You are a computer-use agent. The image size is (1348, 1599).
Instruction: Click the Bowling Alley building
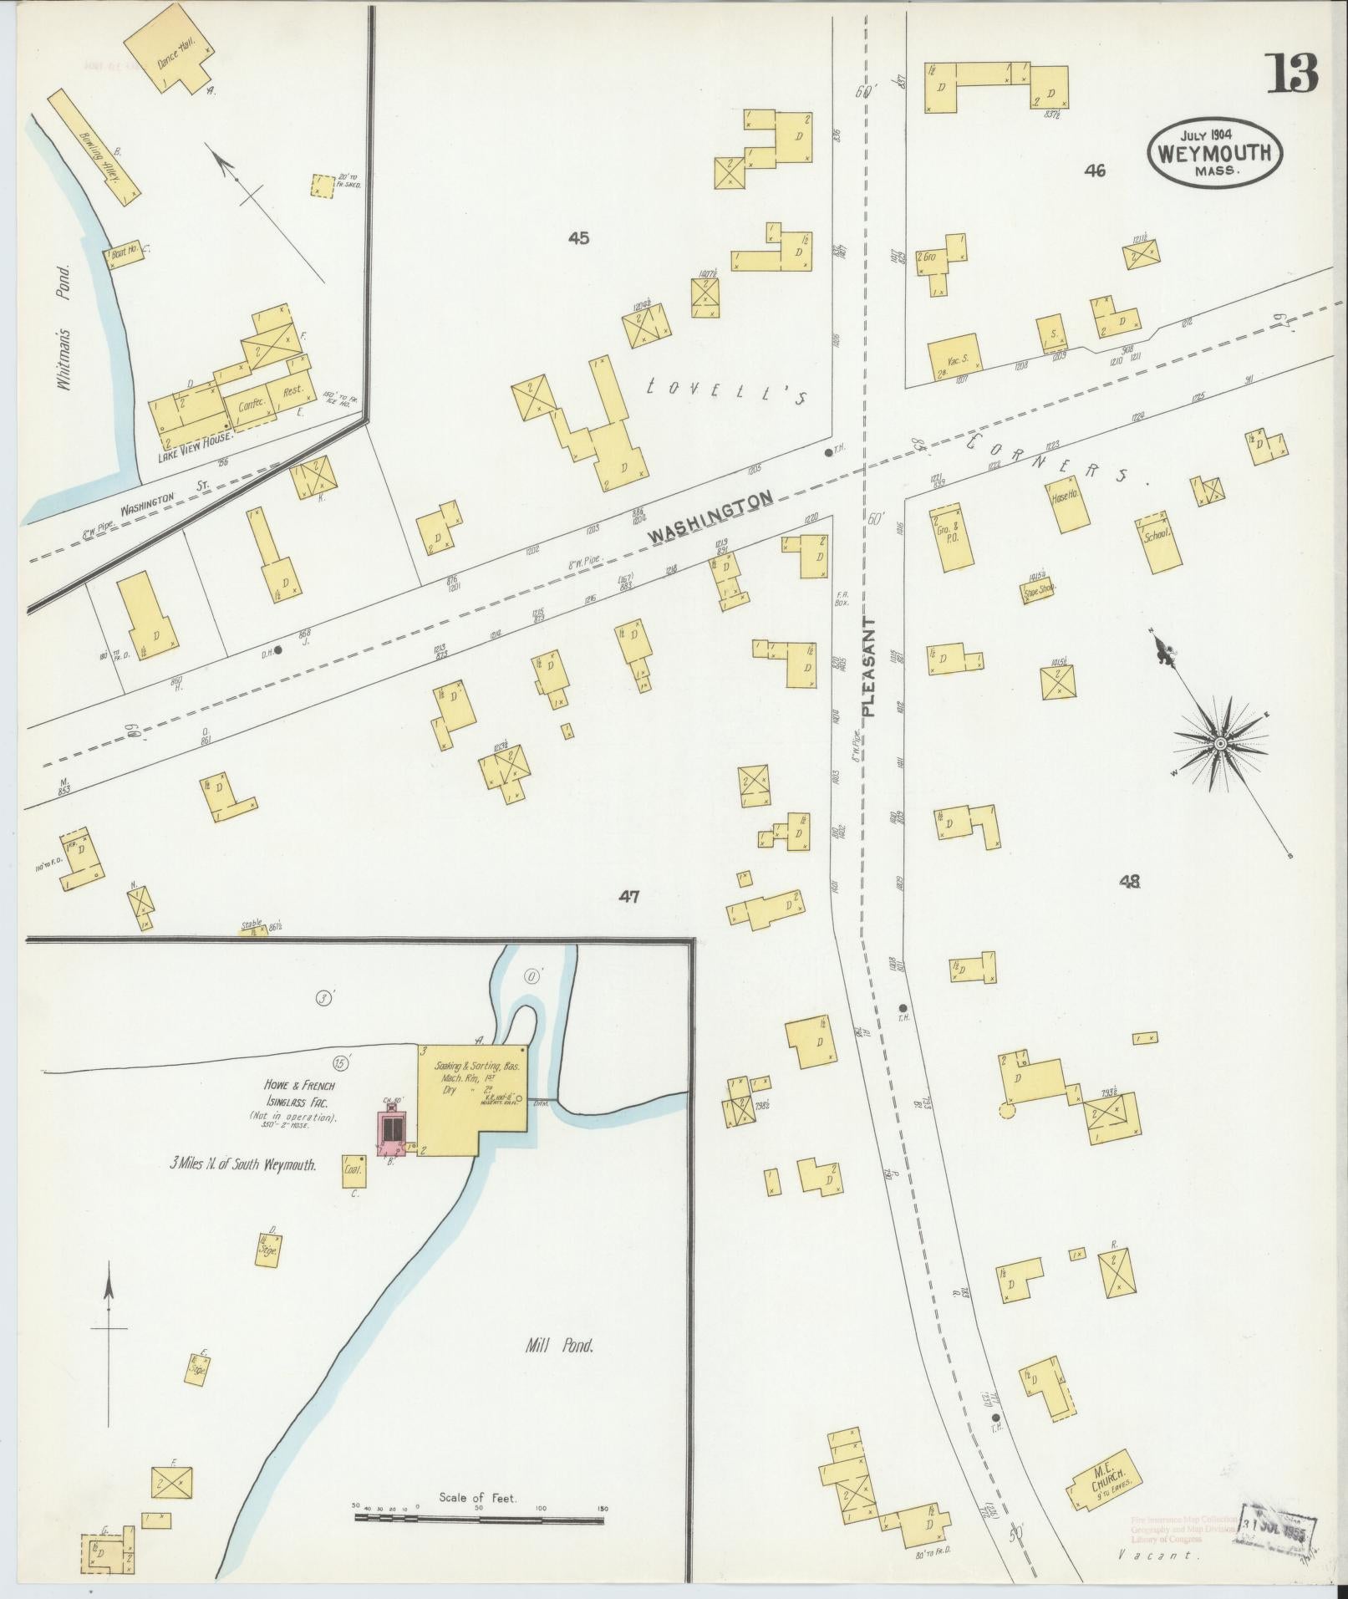(x=94, y=147)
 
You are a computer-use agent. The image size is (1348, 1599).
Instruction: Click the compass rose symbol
(x=1219, y=743)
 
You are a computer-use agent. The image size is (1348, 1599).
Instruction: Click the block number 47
(x=629, y=897)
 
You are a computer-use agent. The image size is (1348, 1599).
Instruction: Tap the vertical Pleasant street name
(x=869, y=666)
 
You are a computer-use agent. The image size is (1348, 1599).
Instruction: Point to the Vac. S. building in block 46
(x=954, y=359)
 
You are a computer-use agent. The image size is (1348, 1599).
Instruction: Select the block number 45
(x=578, y=238)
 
